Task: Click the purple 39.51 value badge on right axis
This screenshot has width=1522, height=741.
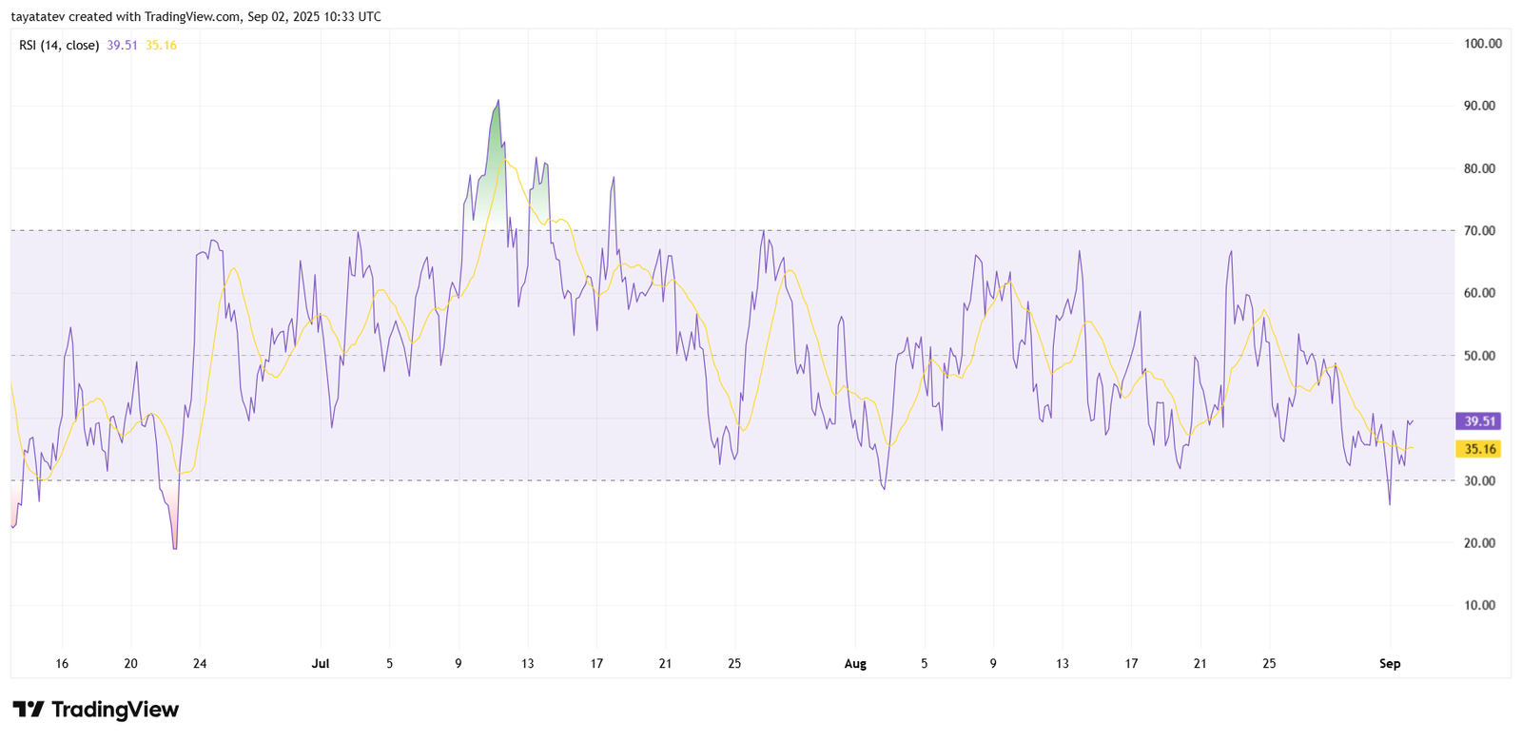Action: [x=1479, y=421]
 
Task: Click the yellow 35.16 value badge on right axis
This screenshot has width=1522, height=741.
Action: [x=1479, y=449]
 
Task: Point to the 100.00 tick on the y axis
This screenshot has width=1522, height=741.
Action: [x=1482, y=44]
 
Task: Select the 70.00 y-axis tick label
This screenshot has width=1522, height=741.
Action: [x=1479, y=231]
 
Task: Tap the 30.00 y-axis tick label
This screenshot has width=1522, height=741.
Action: [x=1479, y=481]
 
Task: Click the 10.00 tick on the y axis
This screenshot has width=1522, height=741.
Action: [x=1479, y=606]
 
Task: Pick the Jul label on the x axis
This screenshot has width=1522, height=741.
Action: [x=320, y=664]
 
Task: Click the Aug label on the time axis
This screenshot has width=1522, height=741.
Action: [x=855, y=664]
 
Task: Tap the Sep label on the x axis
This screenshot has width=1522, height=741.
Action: [x=1390, y=664]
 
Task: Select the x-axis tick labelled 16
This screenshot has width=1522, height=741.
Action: [x=62, y=664]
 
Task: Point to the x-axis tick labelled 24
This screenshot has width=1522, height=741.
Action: [x=200, y=664]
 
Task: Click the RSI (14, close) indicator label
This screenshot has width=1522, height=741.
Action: [x=59, y=46]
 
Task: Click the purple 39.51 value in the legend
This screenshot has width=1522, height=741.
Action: [x=122, y=46]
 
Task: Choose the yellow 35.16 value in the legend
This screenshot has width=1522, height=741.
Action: [x=161, y=46]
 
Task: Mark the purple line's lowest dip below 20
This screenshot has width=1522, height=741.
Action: [x=175, y=546]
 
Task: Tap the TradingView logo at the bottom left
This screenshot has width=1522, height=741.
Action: [x=95, y=710]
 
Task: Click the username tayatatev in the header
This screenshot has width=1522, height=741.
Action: [x=37, y=17]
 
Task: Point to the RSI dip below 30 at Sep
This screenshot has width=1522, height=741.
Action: [x=1390, y=502]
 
